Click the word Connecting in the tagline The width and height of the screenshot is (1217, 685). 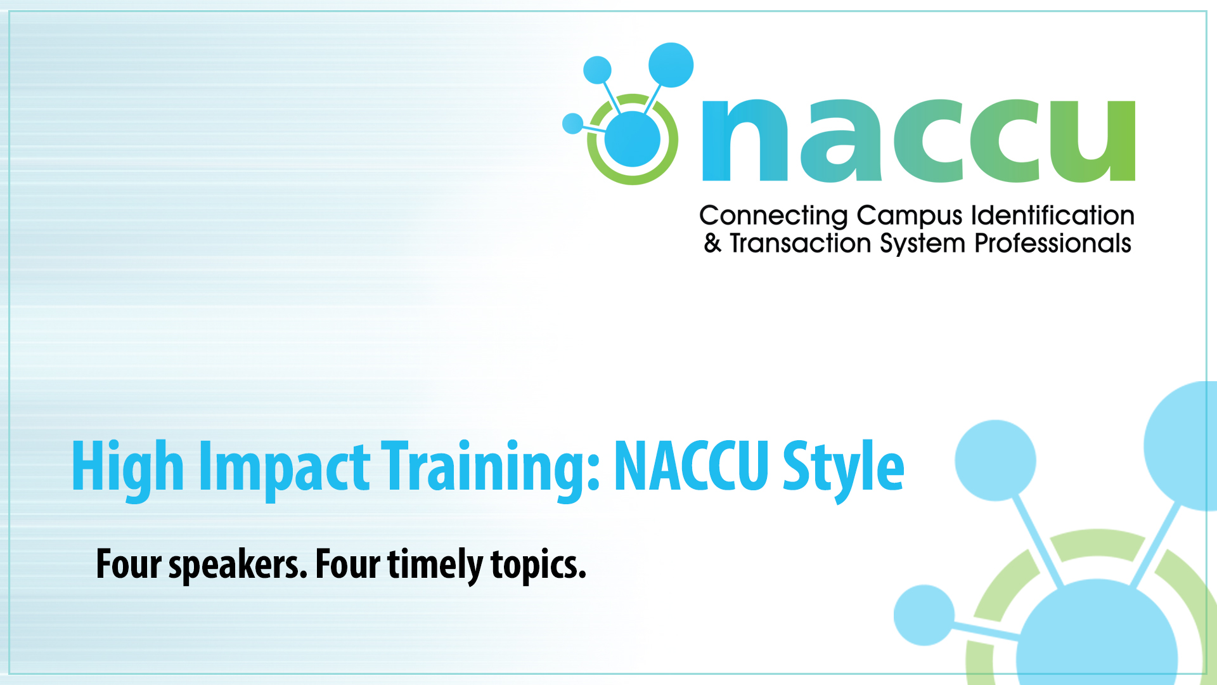pyautogui.click(x=773, y=216)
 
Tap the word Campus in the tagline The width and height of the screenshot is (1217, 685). pyautogui.click(x=910, y=216)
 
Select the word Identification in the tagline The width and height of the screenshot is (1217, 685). pyautogui.click(x=1053, y=215)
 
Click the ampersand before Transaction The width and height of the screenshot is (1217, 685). pyautogui.click(x=712, y=244)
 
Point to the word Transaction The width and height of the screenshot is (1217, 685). pyautogui.click(x=801, y=244)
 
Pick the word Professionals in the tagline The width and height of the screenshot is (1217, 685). pyautogui.click(x=1053, y=244)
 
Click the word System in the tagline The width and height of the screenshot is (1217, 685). pyautogui.click(x=923, y=244)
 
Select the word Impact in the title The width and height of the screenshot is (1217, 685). pyautogui.click(x=284, y=468)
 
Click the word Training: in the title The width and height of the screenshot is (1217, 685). pyautogui.click(x=490, y=468)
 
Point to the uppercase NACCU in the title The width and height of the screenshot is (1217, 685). pyautogui.click(x=692, y=466)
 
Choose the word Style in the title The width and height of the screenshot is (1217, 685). pyautogui.click(x=844, y=469)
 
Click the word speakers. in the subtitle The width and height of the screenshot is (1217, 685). pyautogui.click(x=238, y=564)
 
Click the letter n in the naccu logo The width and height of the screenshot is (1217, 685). pyautogui.click(x=745, y=140)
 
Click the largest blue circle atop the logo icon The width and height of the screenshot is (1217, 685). pyautogui.click(x=671, y=65)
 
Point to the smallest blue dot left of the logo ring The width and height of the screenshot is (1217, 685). pyautogui.click(x=573, y=124)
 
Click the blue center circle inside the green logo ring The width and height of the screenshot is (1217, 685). pyautogui.click(x=633, y=139)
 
